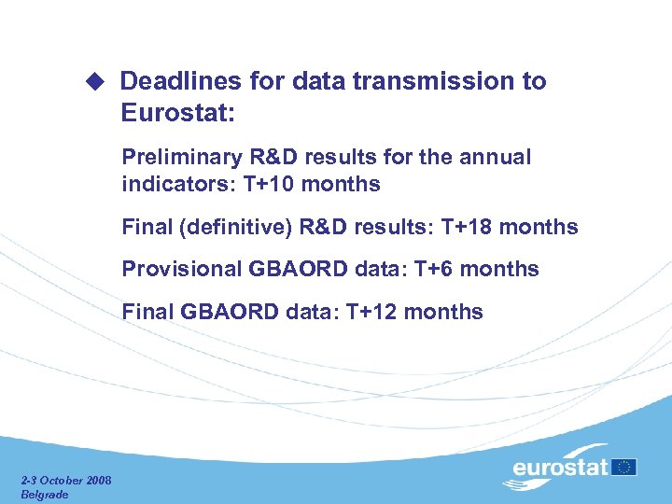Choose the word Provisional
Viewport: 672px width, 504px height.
coord(182,269)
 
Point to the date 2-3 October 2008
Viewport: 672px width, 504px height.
coord(66,481)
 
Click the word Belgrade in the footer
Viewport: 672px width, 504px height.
coord(45,494)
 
